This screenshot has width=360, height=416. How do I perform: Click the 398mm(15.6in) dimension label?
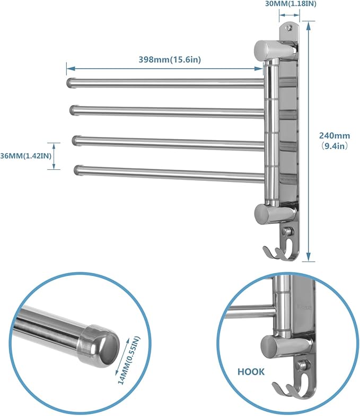pos(166,59)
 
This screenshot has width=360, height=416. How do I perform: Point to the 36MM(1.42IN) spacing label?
pos(25,155)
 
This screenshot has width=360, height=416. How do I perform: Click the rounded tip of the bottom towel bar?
pos(78,170)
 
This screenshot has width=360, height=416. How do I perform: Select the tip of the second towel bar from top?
pos(73,110)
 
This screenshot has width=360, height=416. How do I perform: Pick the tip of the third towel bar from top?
pos(75,140)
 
